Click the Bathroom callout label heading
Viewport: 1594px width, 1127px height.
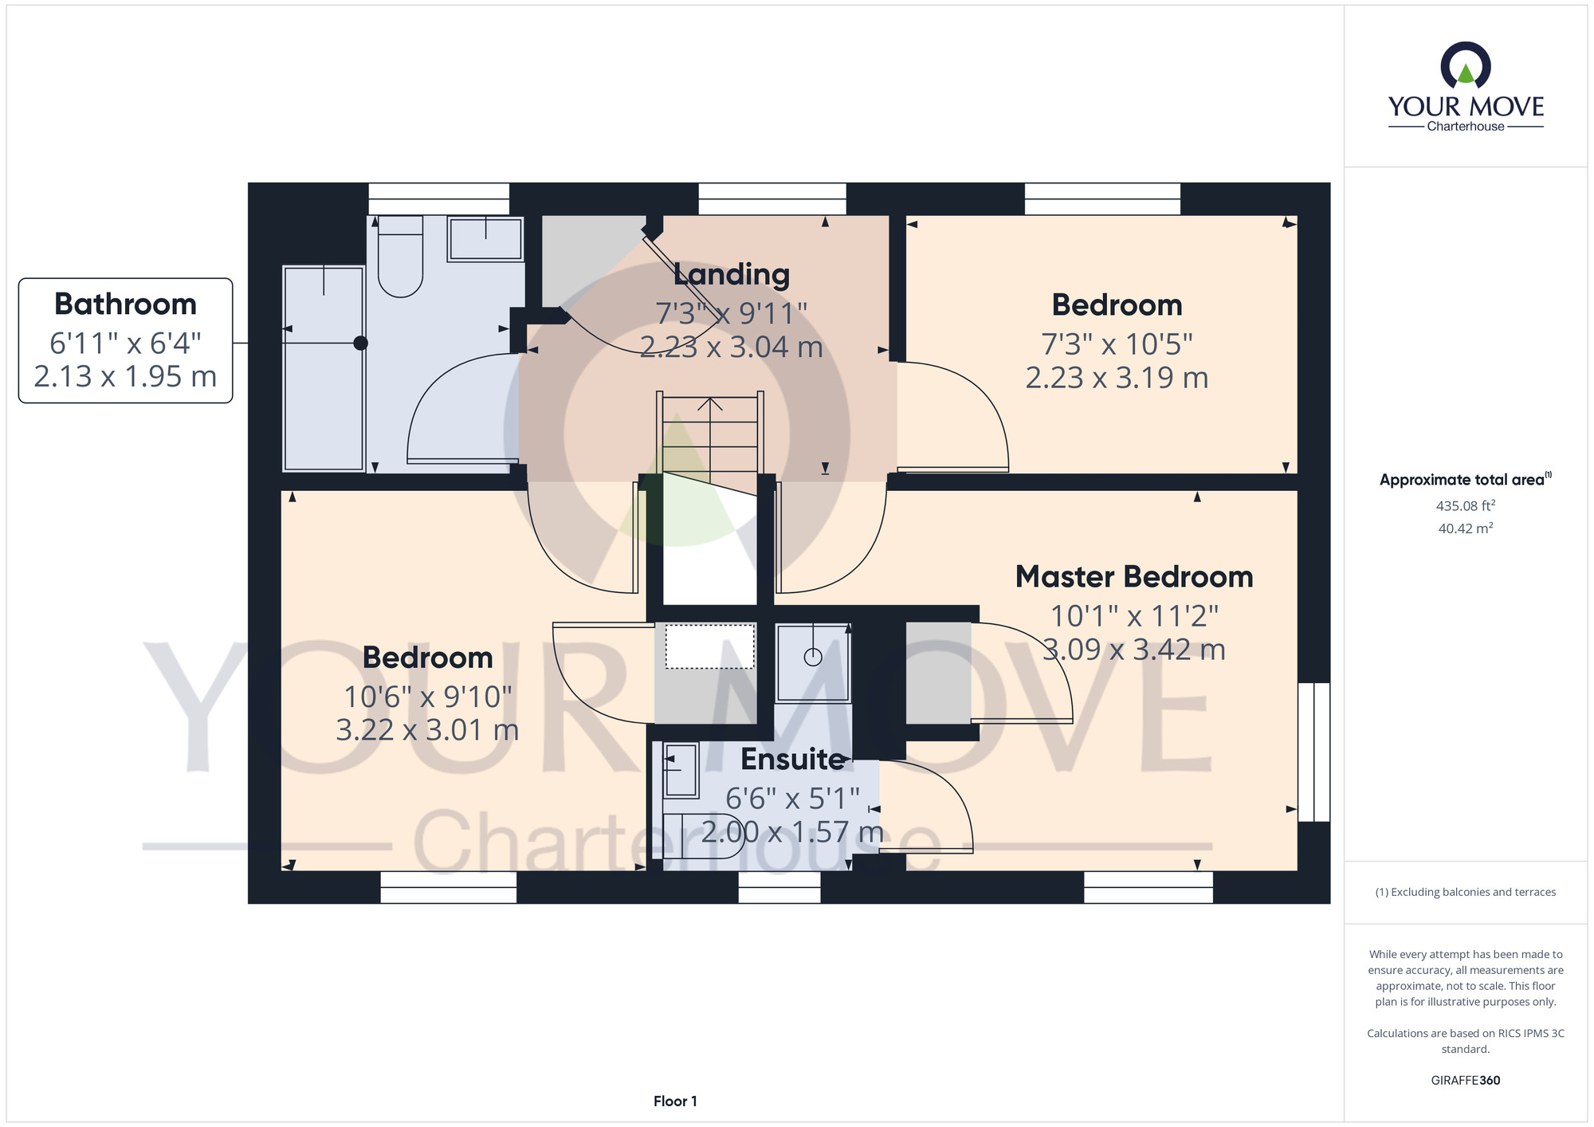125,304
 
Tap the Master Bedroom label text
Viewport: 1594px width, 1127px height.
1134,577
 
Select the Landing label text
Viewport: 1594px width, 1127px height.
732,274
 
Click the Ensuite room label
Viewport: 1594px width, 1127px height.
792,759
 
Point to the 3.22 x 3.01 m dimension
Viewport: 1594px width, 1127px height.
427,730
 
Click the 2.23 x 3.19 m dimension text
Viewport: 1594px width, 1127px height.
1117,378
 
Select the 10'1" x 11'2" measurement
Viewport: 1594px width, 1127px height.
1134,616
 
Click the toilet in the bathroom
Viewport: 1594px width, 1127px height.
400,256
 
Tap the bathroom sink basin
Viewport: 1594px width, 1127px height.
485,238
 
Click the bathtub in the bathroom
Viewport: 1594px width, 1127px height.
324,368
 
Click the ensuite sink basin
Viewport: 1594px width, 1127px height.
681,770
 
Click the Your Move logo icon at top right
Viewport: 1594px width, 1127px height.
1465,65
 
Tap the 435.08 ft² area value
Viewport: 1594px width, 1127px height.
1465,505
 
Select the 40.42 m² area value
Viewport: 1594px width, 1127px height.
1465,528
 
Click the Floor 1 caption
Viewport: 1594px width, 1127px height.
675,1101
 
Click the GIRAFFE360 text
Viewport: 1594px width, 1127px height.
1465,1080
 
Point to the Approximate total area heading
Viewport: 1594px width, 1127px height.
1465,479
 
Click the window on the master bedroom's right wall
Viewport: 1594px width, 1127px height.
1314,752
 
